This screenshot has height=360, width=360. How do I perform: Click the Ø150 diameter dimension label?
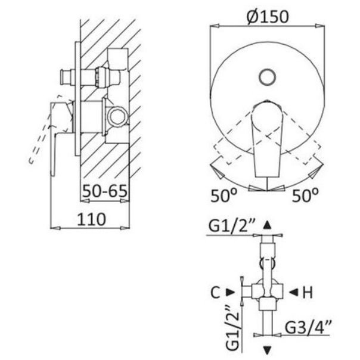click(x=268, y=17)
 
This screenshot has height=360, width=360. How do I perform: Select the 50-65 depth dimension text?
click(x=105, y=191)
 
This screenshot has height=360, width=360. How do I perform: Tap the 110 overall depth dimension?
click(x=91, y=219)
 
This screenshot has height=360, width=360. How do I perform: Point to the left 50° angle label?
click(x=224, y=195)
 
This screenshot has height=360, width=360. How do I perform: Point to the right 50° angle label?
click(x=305, y=195)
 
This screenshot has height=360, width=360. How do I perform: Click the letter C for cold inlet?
click(x=215, y=292)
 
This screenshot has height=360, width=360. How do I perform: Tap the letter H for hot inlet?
click(x=308, y=292)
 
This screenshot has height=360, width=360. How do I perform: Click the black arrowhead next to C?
click(x=230, y=292)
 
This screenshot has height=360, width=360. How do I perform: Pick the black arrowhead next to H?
click(x=293, y=292)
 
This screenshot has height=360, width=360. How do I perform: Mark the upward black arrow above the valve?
click(x=267, y=225)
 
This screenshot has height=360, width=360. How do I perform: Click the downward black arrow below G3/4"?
click(x=267, y=350)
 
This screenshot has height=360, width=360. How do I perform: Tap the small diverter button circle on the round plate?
click(x=267, y=77)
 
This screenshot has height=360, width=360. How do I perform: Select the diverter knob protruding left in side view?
click(x=66, y=77)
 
